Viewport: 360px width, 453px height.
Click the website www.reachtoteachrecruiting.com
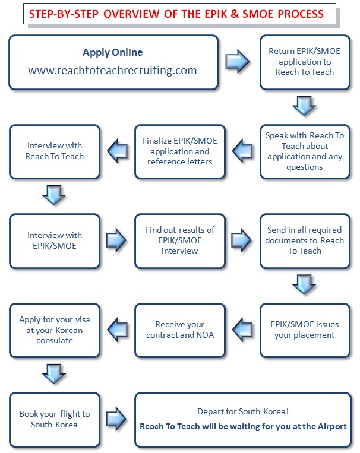point(112,71)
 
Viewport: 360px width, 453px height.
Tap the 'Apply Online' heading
point(113,52)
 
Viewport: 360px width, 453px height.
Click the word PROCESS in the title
point(301,14)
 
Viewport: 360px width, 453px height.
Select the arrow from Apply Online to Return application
point(238,61)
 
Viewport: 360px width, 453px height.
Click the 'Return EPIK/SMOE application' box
point(305,62)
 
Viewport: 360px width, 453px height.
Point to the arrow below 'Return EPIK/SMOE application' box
point(305,106)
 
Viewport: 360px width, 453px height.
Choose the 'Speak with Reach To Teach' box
point(305,151)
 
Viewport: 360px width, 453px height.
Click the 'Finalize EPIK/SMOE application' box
point(179,151)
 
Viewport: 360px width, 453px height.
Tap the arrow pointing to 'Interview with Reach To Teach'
point(118,151)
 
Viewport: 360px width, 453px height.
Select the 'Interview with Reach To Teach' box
point(55,151)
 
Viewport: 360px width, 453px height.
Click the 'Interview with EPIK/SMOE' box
point(55,241)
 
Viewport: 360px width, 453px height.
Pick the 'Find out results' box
point(179,241)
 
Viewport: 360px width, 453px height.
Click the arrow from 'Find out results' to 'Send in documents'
point(242,240)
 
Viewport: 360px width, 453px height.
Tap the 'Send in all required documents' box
point(305,241)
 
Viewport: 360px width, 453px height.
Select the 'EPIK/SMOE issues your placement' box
point(305,330)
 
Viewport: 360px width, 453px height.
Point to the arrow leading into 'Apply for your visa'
point(118,330)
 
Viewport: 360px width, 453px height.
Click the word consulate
point(55,340)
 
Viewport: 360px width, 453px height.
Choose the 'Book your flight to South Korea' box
point(55,420)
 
